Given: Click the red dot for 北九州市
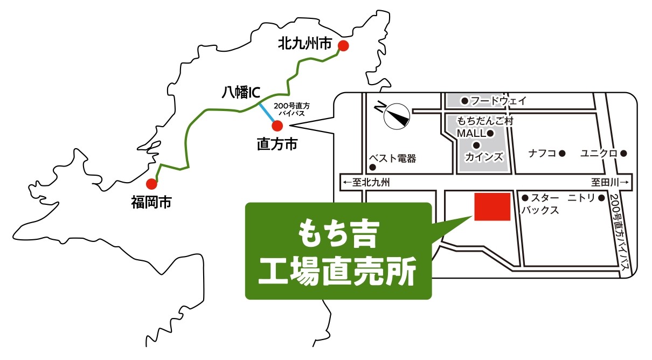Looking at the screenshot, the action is (343, 46).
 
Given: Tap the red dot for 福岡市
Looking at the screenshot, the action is (151, 184).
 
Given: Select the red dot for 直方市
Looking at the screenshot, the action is (277, 126).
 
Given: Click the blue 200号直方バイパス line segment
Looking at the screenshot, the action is (267, 112).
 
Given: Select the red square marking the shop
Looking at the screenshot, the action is (492, 206).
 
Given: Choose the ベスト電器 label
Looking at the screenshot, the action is (392, 159).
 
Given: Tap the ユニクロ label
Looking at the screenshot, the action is (599, 154).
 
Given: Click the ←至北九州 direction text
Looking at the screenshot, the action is (366, 183).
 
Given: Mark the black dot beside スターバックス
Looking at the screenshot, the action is (525, 198).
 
